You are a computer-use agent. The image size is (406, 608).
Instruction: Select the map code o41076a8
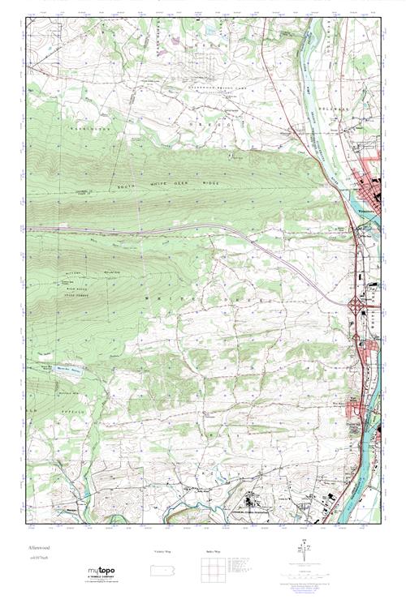tap(37, 558)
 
